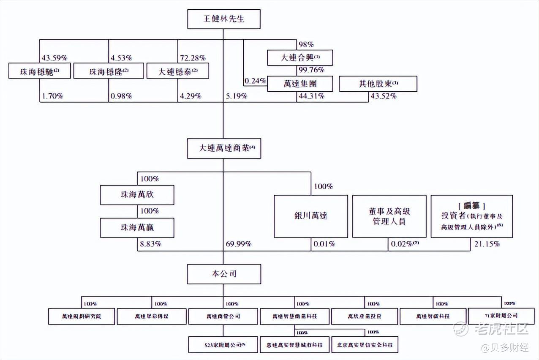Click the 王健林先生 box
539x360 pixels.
pos(223,19)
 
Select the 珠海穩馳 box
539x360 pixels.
pos(39,71)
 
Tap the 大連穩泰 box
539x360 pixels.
pos(178,71)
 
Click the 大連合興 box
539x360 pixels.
pos(300,58)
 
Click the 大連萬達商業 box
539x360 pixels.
pos(223,149)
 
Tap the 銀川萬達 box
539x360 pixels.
pos(311,216)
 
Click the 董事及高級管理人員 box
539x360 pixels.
pos(389,216)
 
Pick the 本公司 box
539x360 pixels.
pos(223,274)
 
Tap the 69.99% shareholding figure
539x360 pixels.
pos(239,244)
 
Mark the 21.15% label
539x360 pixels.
pos(486,244)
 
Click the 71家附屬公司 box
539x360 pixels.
pos(501,316)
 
